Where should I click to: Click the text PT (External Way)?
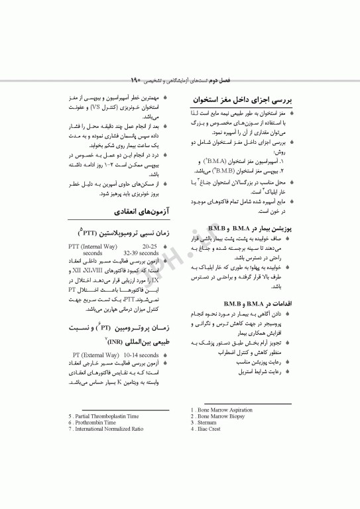pos(91,355)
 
